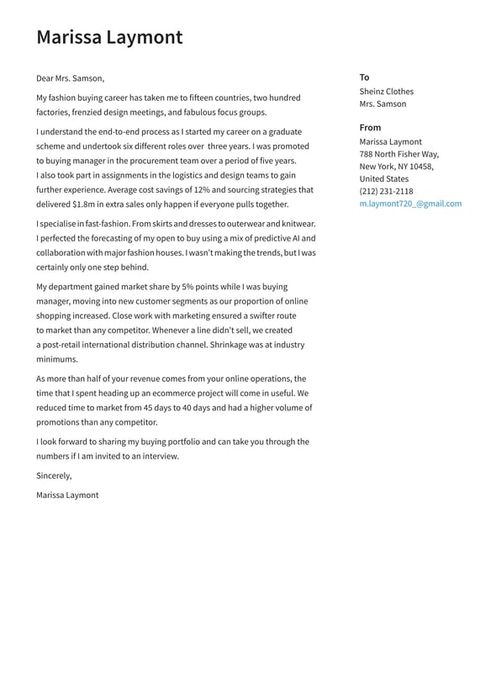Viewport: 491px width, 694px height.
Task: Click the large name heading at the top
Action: pyautogui.click(x=109, y=37)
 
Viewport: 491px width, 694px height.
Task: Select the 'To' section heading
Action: pyautogui.click(x=364, y=77)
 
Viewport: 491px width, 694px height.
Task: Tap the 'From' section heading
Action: pyautogui.click(x=370, y=128)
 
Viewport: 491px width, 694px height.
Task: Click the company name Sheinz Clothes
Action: pyautogui.click(x=386, y=92)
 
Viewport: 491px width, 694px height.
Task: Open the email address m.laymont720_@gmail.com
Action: pyautogui.click(x=410, y=204)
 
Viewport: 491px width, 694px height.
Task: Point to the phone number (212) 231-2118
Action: pyautogui.click(x=386, y=191)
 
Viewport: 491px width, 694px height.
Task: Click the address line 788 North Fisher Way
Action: pyautogui.click(x=399, y=154)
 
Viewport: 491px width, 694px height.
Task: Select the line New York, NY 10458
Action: pyautogui.click(x=396, y=167)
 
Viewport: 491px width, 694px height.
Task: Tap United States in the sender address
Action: pyautogui.click(x=383, y=179)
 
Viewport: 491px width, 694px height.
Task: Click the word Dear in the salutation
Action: pyautogui.click(x=45, y=78)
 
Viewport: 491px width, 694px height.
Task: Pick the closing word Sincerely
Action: pyautogui.click(x=54, y=476)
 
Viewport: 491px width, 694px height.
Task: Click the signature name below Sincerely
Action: pyautogui.click(x=67, y=495)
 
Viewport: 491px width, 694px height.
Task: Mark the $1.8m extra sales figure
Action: pyautogui.click(x=83, y=204)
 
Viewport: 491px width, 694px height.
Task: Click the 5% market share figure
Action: pyautogui.click(x=187, y=287)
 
